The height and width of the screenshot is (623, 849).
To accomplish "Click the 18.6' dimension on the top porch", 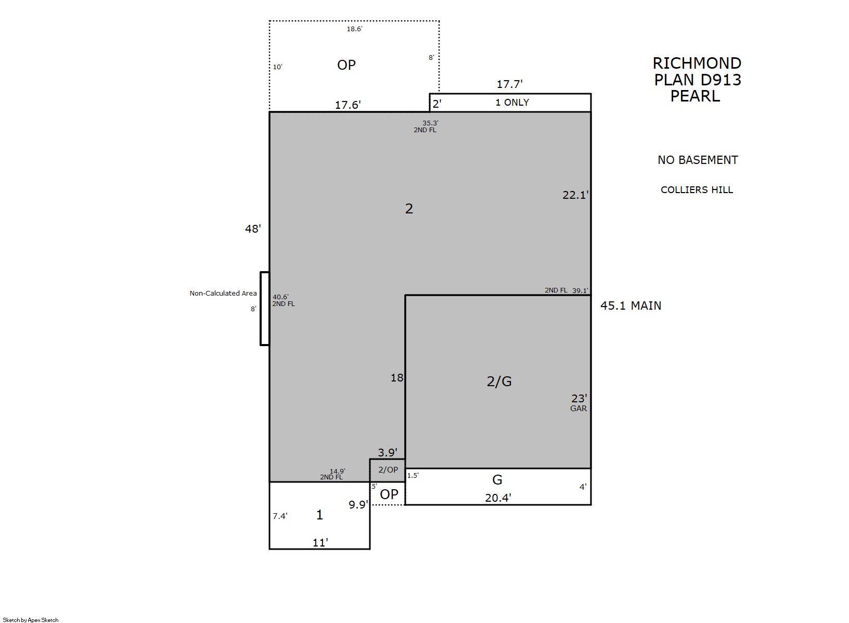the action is (354, 29).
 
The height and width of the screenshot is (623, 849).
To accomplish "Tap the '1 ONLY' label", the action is (512, 103).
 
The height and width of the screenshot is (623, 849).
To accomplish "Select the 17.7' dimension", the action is (510, 84).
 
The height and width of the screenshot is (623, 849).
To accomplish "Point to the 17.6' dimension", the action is (348, 105).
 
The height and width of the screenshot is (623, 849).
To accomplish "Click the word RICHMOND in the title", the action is (697, 63).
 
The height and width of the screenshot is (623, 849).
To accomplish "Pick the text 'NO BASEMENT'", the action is (698, 160).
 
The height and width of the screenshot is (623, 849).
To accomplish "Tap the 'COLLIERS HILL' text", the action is (697, 189).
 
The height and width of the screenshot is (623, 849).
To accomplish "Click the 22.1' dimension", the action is (575, 195).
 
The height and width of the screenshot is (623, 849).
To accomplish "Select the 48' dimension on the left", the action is (253, 228).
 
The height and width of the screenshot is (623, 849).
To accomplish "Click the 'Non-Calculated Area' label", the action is (223, 293).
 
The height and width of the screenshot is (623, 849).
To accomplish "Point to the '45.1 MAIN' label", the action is (631, 306).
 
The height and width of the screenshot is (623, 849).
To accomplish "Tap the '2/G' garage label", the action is (499, 381).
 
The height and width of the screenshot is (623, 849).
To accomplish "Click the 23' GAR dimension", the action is (579, 403).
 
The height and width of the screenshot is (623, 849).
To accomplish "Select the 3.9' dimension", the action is (388, 452).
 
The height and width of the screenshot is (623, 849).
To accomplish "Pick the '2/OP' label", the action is (388, 469).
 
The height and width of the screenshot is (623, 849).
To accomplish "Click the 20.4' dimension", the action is (498, 498).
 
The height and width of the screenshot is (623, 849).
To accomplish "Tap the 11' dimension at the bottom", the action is (320, 543).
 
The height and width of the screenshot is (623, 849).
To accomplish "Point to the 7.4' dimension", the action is (280, 516).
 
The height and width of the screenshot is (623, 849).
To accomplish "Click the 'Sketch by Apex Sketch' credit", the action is (31, 620).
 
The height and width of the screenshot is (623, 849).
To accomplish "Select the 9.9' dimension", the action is (358, 505).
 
